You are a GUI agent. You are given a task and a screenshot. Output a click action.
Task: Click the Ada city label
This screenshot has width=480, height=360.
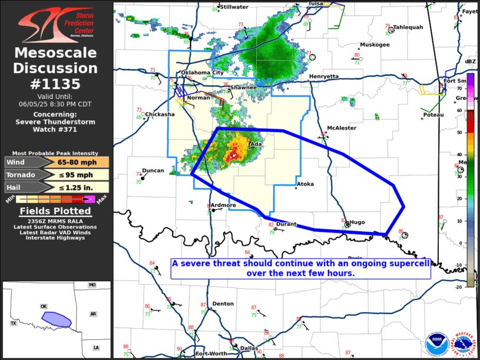(256, 144)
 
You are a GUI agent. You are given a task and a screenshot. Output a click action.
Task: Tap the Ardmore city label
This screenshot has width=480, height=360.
(224, 205)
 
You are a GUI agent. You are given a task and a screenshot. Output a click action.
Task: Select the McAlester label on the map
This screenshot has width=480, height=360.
(342, 128)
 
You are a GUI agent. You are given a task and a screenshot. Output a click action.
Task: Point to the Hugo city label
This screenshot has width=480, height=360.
(357, 222)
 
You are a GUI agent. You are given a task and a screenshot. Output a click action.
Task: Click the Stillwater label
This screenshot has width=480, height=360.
(234, 7)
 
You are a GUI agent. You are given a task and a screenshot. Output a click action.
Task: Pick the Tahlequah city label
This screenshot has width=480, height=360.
(408, 27)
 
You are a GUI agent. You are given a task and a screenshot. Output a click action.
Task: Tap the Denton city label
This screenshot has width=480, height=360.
(223, 304)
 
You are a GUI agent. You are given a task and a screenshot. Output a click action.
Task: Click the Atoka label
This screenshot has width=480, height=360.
(305, 184)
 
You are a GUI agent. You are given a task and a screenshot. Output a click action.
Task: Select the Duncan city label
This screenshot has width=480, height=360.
(153, 171)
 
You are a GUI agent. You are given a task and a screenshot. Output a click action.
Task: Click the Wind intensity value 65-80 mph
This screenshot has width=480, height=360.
(75, 162)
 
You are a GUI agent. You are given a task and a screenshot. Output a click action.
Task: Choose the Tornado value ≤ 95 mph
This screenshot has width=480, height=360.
(75, 174)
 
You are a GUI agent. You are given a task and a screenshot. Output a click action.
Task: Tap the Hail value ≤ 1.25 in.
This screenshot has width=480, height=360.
(75, 187)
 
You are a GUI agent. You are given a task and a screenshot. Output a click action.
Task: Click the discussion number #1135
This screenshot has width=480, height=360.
(56, 84)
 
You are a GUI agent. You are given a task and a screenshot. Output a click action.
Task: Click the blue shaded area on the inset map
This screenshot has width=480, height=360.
(57, 319)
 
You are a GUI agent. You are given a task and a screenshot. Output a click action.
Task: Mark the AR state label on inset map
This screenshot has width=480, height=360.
(93, 314)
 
